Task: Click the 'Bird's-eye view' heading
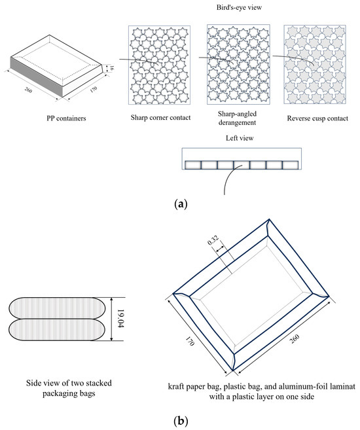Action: (x=239, y=7)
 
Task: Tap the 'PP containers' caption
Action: (x=66, y=118)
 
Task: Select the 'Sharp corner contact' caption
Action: (x=160, y=118)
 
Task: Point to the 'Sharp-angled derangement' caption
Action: (x=237, y=118)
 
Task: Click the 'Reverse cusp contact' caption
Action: (x=317, y=118)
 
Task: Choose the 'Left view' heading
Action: (x=240, y=138)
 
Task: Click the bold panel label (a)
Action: (x=181, y=204)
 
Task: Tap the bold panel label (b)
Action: (x=181, y=420)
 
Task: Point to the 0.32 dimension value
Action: (x=213, y=240)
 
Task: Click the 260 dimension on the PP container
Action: (x=28, y=90)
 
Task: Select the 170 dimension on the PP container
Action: (x=94, y=90)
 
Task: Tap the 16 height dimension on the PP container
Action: (x=111, y=68)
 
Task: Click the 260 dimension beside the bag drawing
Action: (x=294, y=339)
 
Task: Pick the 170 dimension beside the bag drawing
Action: (x=190, y=342)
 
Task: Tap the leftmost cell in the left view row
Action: (x=193, y=165)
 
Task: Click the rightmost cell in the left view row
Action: (x=290, y=165)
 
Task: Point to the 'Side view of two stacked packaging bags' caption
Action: (x=69, y=388)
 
